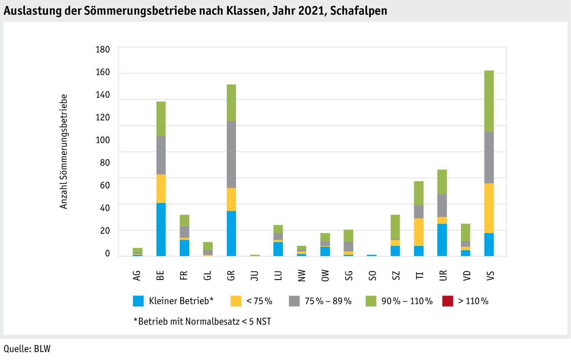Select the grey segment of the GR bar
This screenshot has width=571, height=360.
[231, 154]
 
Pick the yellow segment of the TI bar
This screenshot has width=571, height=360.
[419, 232]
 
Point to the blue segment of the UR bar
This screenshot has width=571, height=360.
[442, 240]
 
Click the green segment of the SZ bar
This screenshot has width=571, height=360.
[395, 227]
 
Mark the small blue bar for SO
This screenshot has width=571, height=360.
[372, 255]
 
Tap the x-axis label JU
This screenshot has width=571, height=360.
[255, 275]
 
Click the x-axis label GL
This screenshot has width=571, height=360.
[207, 275]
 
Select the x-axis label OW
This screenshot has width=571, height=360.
[325, 275]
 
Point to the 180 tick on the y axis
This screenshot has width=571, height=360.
[103, 50]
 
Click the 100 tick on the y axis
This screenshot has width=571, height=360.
[103, 140]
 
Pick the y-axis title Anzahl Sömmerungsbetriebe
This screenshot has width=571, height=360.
[64, 151]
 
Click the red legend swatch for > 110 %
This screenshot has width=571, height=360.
[447, 301]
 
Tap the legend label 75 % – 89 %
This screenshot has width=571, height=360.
[328, 301]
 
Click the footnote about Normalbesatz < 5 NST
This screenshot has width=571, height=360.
[202, 321]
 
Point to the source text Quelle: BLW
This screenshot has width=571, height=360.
[27, 349]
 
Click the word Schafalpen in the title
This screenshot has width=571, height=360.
[359, 11]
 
